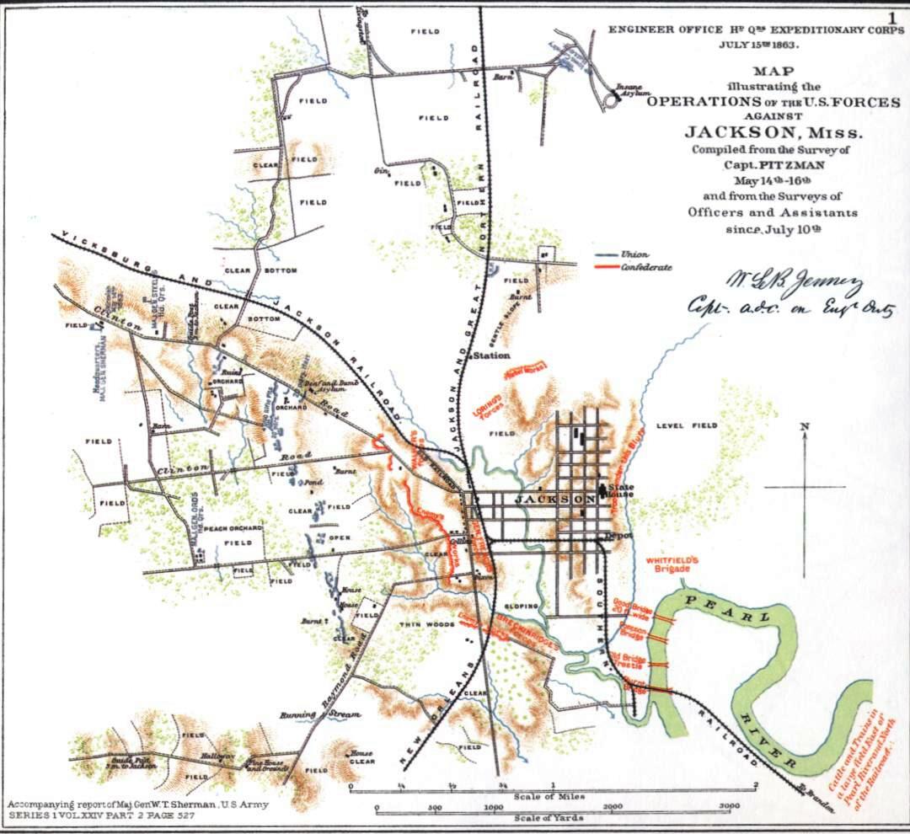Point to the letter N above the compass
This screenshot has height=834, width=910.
805,426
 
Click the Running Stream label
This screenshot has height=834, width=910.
320,714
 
